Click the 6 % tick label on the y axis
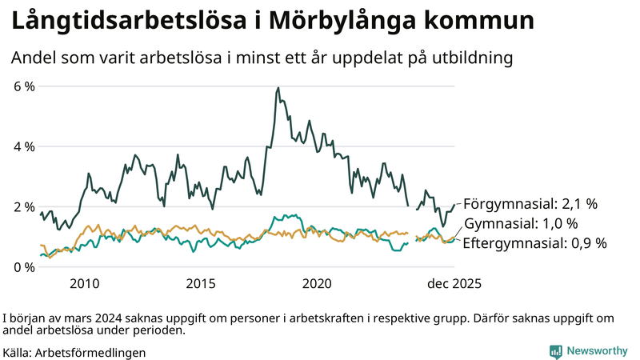tap(24, 86)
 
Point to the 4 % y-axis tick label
tap(24, 146)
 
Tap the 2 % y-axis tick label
tap(24, 206)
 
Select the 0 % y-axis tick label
tap(24, 267)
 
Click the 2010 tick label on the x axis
tap(84, 284)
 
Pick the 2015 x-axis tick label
tap(201, 284)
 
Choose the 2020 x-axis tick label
tap(318, 284)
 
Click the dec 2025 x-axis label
tap(454, 284)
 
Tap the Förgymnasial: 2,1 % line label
tap(530, 204)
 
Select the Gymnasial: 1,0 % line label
tap(520, 223)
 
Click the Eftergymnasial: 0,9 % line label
tap(535, 242)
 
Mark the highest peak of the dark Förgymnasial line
tap(278, 88)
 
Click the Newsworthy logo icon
tap(555, 351)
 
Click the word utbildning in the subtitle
tap(474, 58)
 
